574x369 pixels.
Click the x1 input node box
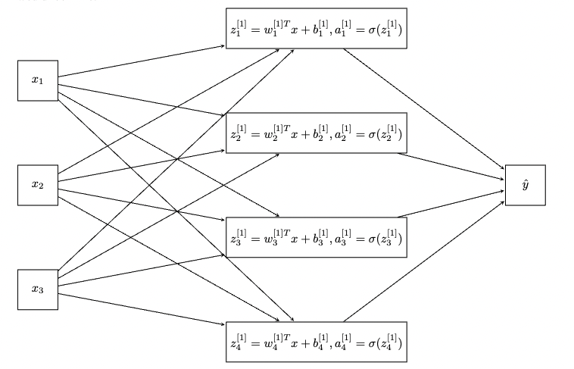point(37,80)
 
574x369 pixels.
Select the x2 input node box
point(37,184)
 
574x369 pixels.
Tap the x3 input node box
point(37,289)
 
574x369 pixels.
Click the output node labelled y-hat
point(524,184)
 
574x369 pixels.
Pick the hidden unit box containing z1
point(317,28)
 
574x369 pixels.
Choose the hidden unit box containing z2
point(317,133)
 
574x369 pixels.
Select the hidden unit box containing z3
point(317,237)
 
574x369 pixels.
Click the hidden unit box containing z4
point(317,342)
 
